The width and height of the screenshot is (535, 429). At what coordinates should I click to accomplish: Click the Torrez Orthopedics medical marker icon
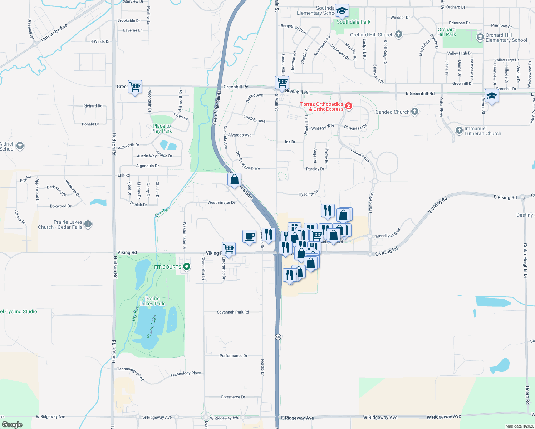(349, 106)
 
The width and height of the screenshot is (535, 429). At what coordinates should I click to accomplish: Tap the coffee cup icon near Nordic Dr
(249, 236)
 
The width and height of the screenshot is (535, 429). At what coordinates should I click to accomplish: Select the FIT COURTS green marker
(186, 267)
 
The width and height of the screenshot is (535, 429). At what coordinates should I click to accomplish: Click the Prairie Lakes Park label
(152, 301)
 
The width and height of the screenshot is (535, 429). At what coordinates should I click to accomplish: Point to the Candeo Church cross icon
(415, 112)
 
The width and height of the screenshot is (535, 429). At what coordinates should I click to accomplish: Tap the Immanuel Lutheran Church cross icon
(459, 130)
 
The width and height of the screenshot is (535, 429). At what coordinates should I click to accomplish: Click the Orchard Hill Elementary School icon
(480, 37)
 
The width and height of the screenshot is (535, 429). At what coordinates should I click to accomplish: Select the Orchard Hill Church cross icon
(399, 34)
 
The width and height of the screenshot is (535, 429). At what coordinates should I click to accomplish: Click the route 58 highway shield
(278, 337)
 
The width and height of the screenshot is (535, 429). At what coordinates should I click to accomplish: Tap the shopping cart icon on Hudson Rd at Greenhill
(135, 87)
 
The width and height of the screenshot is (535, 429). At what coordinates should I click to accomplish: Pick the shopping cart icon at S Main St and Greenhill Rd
(282, 83)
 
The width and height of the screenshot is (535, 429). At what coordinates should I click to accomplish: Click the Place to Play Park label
(162, 128)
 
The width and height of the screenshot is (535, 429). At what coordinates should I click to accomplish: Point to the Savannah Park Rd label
(233, 312)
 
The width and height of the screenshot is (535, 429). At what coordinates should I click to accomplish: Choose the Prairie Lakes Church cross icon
(88, 224)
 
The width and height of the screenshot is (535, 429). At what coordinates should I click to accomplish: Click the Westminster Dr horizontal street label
(221, 202)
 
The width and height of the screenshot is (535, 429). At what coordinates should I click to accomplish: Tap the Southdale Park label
(353, 22)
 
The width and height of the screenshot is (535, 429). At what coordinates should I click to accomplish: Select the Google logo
(12, 424)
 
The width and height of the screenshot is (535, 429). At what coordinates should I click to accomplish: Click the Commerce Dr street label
(233, 397)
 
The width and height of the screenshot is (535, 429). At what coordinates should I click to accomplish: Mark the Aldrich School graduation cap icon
(20, 146)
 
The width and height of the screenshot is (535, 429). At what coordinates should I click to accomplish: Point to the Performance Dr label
(233, 356)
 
